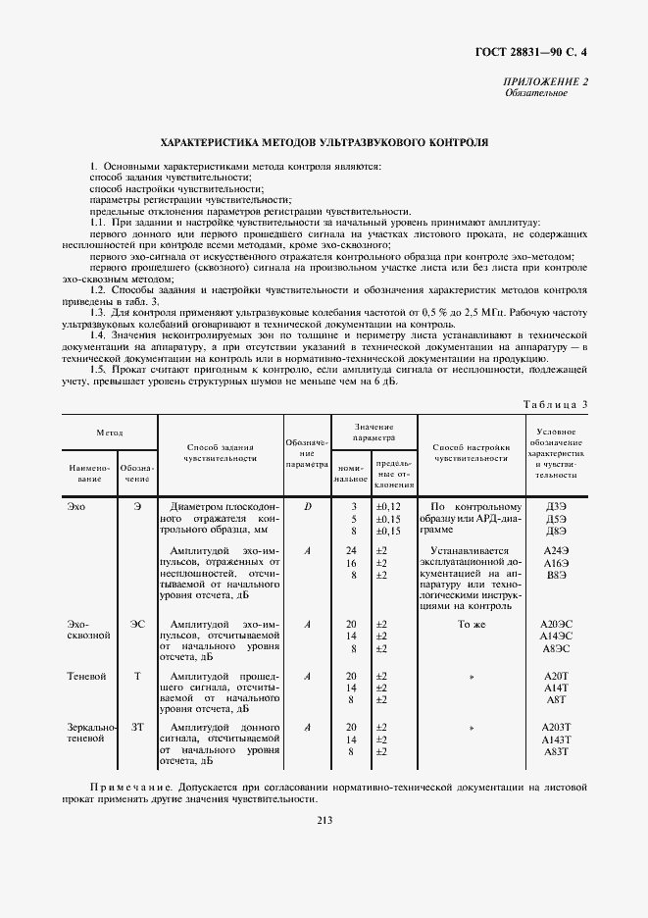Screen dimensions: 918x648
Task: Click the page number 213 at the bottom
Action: pos(324,821)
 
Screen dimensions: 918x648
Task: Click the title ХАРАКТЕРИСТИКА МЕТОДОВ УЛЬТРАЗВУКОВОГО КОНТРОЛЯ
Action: pos(324,142)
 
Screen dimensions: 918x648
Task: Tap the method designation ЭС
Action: pos(137,624)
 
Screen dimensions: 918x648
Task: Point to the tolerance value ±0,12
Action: pos(388,505)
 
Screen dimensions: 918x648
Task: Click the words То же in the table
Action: pos(472,624)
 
